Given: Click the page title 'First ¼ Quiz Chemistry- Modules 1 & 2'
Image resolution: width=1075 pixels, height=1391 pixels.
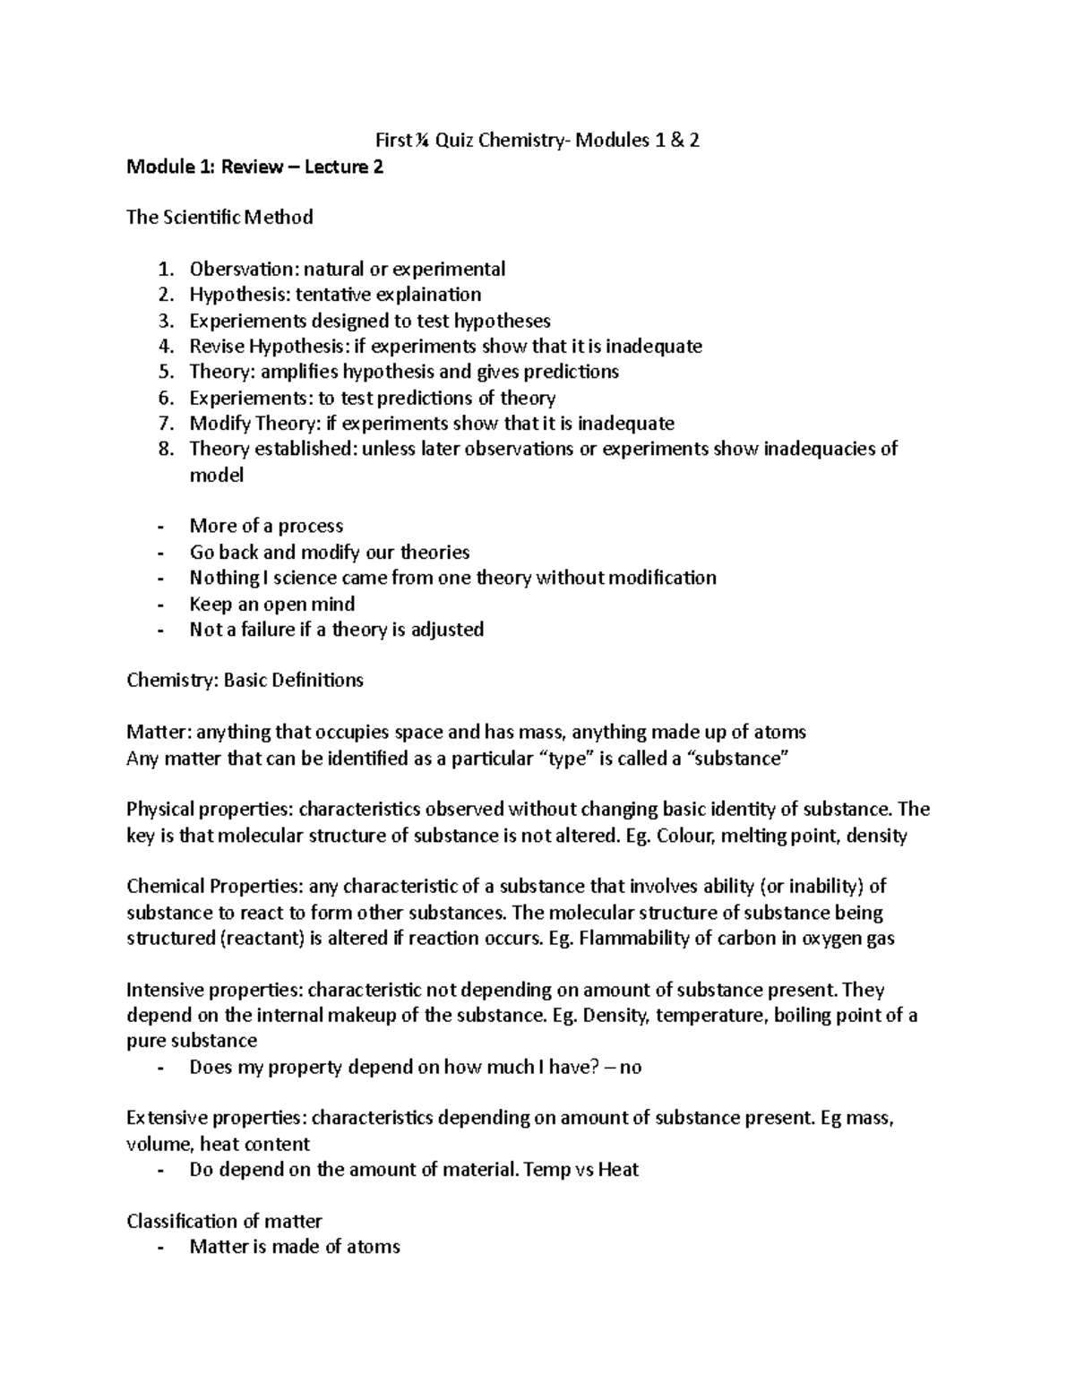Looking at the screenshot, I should (537, 140).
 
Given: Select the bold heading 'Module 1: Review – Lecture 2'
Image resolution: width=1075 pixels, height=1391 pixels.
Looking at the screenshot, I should (254, 167).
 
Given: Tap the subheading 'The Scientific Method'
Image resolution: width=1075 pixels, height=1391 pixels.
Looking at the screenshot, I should (219, 218).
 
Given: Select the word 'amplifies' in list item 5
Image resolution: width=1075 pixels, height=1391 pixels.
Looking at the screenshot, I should (299, 372).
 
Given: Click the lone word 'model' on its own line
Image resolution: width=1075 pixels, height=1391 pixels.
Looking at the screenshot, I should (216, 476).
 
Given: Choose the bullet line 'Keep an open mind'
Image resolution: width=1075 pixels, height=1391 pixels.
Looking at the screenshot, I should (271, 604).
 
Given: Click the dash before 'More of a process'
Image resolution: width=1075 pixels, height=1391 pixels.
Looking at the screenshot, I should (160, 527).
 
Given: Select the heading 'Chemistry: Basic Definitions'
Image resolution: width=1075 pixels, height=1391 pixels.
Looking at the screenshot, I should (245, 681).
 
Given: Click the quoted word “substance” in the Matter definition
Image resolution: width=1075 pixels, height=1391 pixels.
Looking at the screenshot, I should (737, 759).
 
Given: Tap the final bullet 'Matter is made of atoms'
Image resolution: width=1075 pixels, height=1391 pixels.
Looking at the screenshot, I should (294, 1247).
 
